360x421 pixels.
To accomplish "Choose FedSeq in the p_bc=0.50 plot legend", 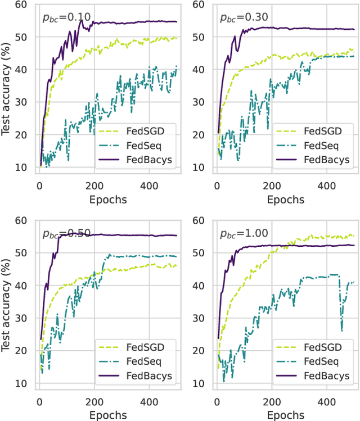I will tap(141, 361).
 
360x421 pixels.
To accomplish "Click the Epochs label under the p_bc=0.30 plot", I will tap(285, 200).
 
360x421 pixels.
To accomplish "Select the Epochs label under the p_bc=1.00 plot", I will tap(285, 416).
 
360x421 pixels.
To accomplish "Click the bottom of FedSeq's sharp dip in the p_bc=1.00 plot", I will tap(341, 331).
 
